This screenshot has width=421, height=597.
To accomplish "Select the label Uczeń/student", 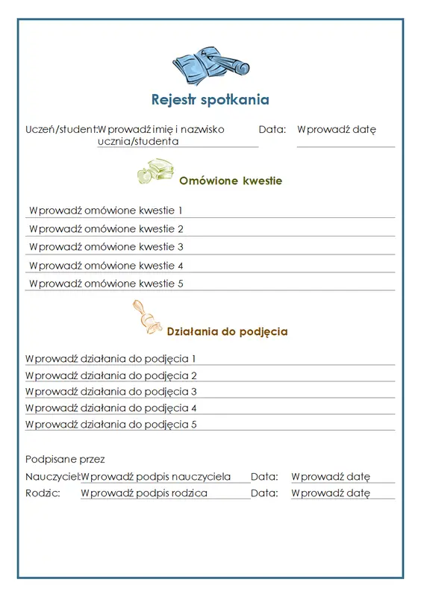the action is coord(60,129).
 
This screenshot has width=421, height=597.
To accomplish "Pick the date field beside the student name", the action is coord(337,129).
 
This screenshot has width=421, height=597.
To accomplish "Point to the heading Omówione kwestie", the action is coord(231,181).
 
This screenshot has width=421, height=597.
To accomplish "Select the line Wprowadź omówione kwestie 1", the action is coord(106,210).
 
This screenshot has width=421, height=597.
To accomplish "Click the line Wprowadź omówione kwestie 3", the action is coord(106,247).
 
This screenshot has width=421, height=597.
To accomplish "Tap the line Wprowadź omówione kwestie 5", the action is coord(106,284).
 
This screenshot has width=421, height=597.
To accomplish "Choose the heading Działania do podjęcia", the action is coord(227,331).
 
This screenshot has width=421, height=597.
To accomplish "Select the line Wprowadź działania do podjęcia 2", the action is coord(110,375).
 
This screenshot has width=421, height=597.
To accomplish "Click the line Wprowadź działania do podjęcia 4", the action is coord(110,408).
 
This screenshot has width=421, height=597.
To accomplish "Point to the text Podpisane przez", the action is coord(65,459).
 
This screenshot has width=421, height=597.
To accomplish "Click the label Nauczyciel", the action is coord(52,477).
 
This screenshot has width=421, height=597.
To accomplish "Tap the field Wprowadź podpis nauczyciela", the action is coord(156,477).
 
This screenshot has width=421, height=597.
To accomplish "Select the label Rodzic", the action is coord(42,493).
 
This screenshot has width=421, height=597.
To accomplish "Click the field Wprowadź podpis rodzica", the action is coord(144,493).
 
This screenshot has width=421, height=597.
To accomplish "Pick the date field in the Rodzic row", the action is coord(331,493).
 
